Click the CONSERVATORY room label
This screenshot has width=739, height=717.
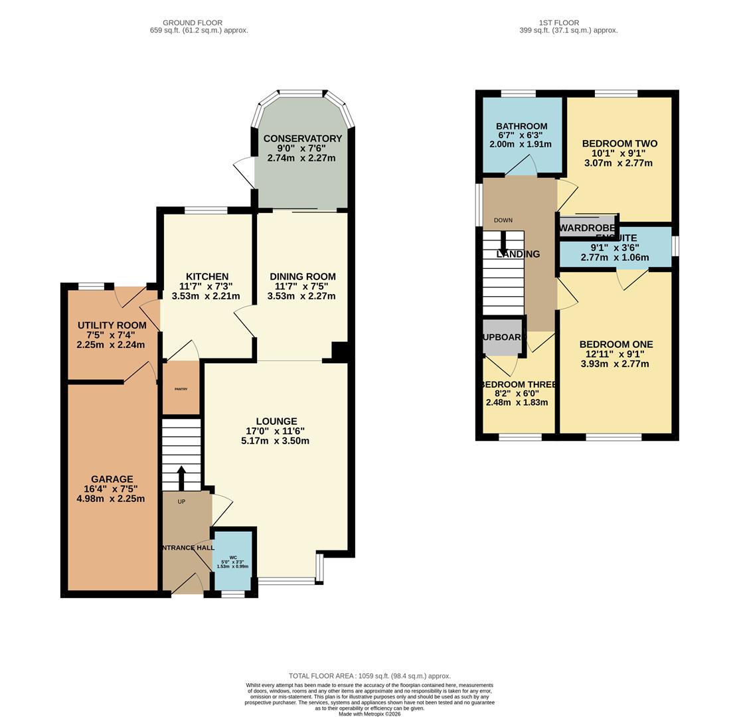click(302, 139)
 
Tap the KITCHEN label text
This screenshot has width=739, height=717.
click(206, 277)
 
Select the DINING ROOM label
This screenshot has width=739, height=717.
click(302, 277)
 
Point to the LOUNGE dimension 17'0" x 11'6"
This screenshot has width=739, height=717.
click(276, 431)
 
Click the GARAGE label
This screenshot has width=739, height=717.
click(112, 479)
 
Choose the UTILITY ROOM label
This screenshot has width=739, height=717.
click(112, 325)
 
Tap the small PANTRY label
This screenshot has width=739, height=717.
click(181, 389)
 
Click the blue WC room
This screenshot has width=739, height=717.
click(233, 561)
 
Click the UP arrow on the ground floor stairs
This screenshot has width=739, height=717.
click(181, 476)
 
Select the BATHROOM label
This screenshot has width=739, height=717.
click(521, 127)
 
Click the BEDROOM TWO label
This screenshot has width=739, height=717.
click(619, 143)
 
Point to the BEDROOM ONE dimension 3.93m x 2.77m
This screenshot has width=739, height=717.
click(616, 364)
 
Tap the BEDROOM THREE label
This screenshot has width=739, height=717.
click(519, 384)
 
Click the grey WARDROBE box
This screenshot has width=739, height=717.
click(587, 228)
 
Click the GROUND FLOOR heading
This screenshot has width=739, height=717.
click(193, 23)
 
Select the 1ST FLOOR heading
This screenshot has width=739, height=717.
click(558, 23)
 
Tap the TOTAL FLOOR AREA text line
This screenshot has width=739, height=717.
click(369, 676)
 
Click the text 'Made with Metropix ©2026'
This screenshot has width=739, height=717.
click(369, 714)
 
